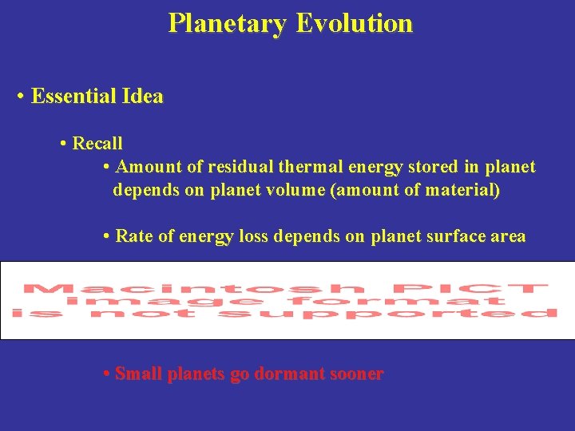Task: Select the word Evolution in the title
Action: [x=354, y=23]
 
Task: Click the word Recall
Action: [x=97, y=144]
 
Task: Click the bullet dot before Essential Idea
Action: [x=20, y=98]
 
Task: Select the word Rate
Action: [x=133, y=236]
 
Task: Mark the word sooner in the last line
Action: [x=355, y=374]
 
